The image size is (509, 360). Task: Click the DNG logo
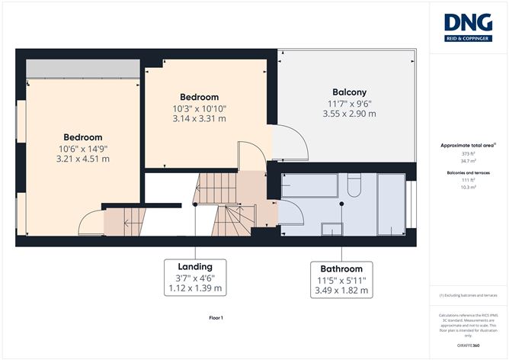(468, 28)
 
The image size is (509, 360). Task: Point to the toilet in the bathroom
(353, 185)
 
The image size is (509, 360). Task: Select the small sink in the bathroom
(333, 227)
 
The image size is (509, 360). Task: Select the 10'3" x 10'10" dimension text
(199, 108)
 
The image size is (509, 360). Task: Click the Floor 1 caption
(216, 317)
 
